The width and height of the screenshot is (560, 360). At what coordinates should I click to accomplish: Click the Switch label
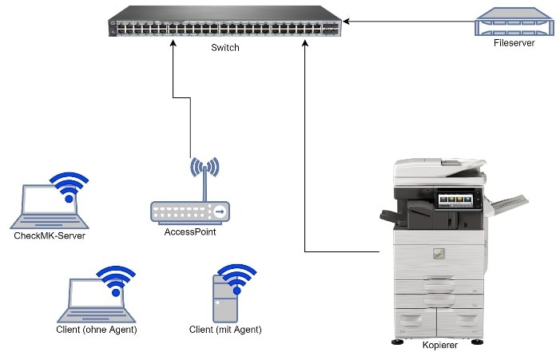pos(225,48)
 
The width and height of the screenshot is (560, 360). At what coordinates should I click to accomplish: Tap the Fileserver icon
pos(513,22)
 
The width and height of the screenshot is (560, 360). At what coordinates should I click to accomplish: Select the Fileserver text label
pos(513,42)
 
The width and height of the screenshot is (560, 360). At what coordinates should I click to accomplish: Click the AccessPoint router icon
pos(190,211)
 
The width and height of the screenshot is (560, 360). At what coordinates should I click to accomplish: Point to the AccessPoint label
pos(190,232)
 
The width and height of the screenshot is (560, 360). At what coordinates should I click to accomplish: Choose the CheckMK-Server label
pos(50,235)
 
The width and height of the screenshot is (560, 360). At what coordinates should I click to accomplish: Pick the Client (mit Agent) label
pos(225,329)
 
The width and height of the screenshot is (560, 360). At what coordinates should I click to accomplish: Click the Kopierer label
pos(440,345)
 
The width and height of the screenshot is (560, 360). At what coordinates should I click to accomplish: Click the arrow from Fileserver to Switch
pos(407,22)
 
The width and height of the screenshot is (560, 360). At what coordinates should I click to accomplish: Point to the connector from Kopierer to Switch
pos(305,160)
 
